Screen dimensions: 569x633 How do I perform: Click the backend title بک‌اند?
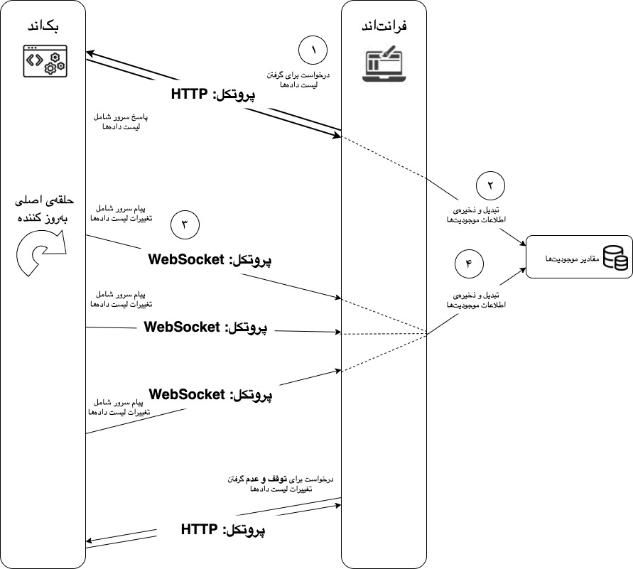coord(43,27)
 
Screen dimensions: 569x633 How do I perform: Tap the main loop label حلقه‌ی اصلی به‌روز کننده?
coord(41,210)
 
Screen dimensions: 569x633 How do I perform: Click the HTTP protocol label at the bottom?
coord(223,529)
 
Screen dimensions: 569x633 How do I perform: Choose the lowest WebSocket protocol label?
coord(211,393)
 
